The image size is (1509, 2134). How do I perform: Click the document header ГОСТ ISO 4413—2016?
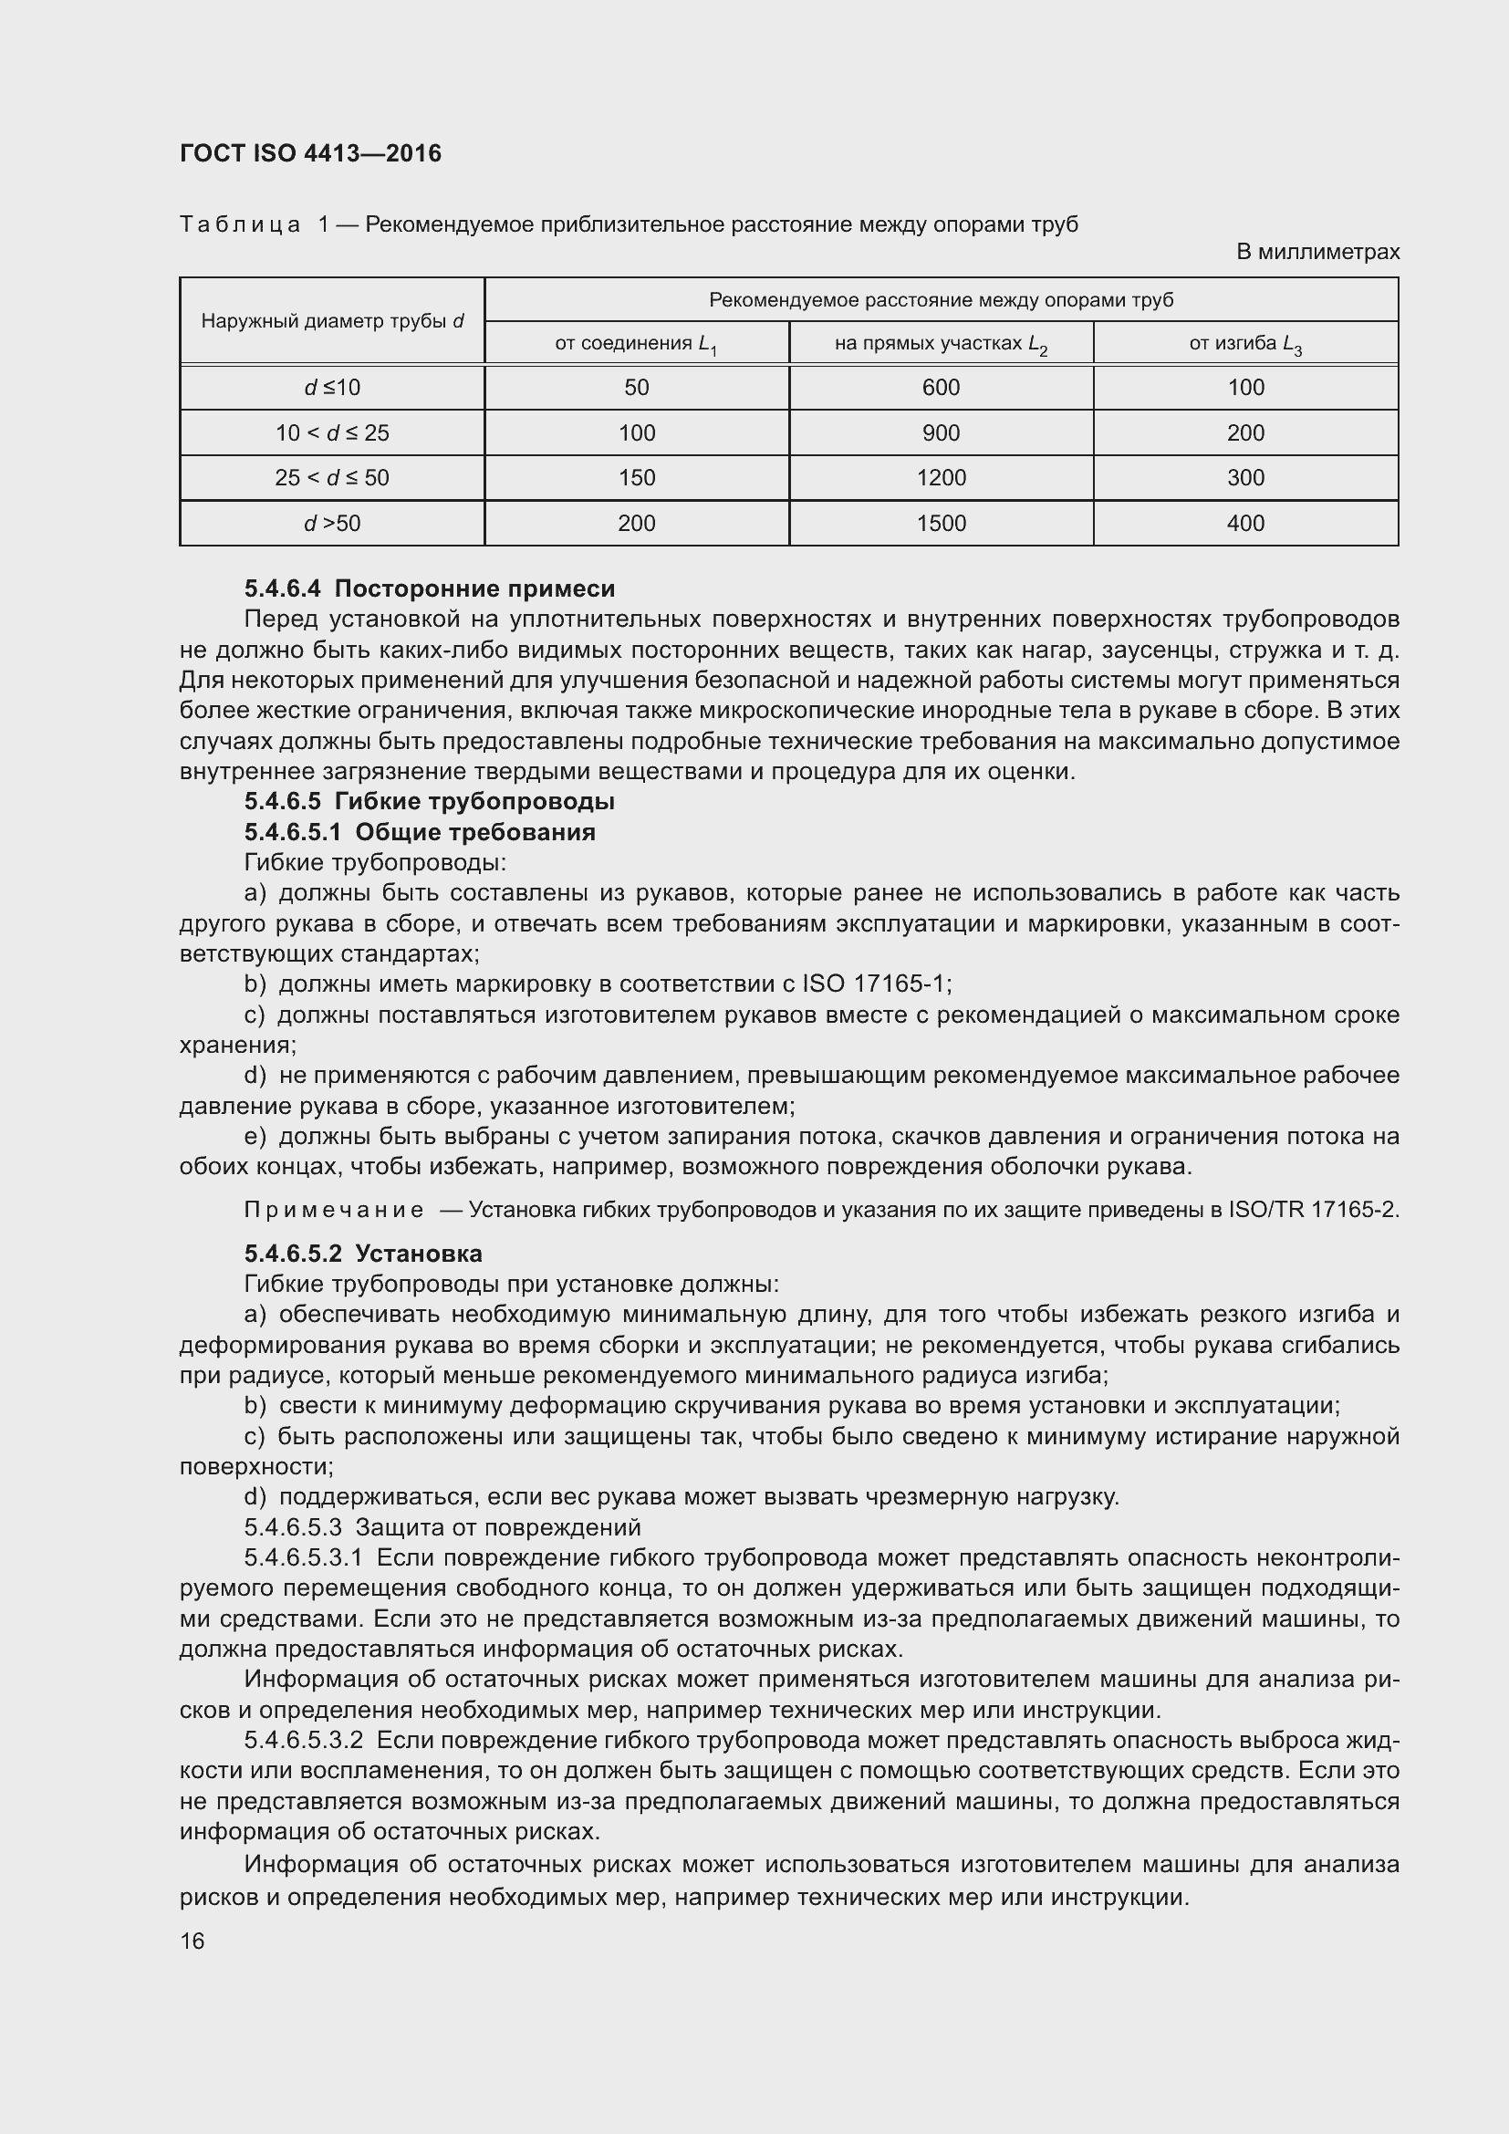tap(310, 153)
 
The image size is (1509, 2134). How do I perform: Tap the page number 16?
tap(193, 1941)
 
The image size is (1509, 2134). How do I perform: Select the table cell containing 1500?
tap(941, 524)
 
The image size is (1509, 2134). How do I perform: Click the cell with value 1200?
tap(941, 478)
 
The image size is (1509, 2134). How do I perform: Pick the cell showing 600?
tap(941, 388)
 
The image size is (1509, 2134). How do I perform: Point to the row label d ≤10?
tap(332, 388)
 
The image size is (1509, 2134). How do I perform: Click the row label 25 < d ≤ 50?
tap(332, 478)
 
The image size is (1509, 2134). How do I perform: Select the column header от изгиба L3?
tap(1245, 344)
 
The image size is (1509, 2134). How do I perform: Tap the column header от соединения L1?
tap(637, 344)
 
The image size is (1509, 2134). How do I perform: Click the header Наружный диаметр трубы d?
tap(332, 321)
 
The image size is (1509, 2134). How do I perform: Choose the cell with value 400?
tap(1245, 524)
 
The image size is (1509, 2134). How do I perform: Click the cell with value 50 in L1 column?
tap(637, 388)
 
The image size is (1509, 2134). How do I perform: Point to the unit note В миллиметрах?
tap(1316, 252)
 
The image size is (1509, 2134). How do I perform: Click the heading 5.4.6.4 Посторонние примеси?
tap(430, 588)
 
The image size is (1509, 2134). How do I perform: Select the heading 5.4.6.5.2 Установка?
tap(363, 1254)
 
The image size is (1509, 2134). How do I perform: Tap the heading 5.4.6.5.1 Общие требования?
tap(419, 832)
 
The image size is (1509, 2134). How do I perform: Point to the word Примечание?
tap(334, 1210)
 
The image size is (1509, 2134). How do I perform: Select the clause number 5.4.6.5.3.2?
tap(303, 1740)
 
